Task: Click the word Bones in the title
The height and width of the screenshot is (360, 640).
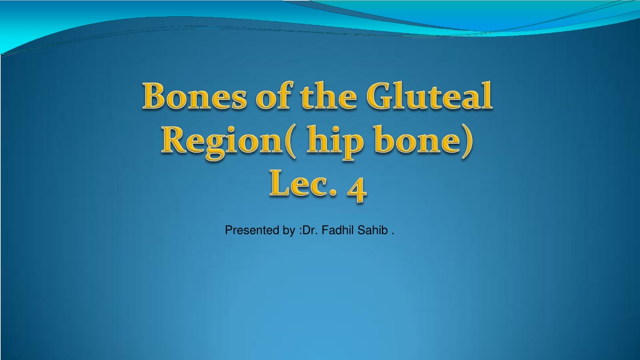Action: pos(195,96)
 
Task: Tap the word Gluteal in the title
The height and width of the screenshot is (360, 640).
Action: pos(429,96)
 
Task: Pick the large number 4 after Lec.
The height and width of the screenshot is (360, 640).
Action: pos(357,189)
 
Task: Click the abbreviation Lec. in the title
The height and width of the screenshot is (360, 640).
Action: pos(303,183)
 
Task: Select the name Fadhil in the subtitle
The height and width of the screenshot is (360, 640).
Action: pos(338,230)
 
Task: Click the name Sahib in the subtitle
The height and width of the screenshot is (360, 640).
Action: pos(372,230)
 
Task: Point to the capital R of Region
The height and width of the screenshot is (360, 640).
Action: pos(174,139)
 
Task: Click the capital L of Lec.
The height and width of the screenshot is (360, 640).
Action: pos(280,183)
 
